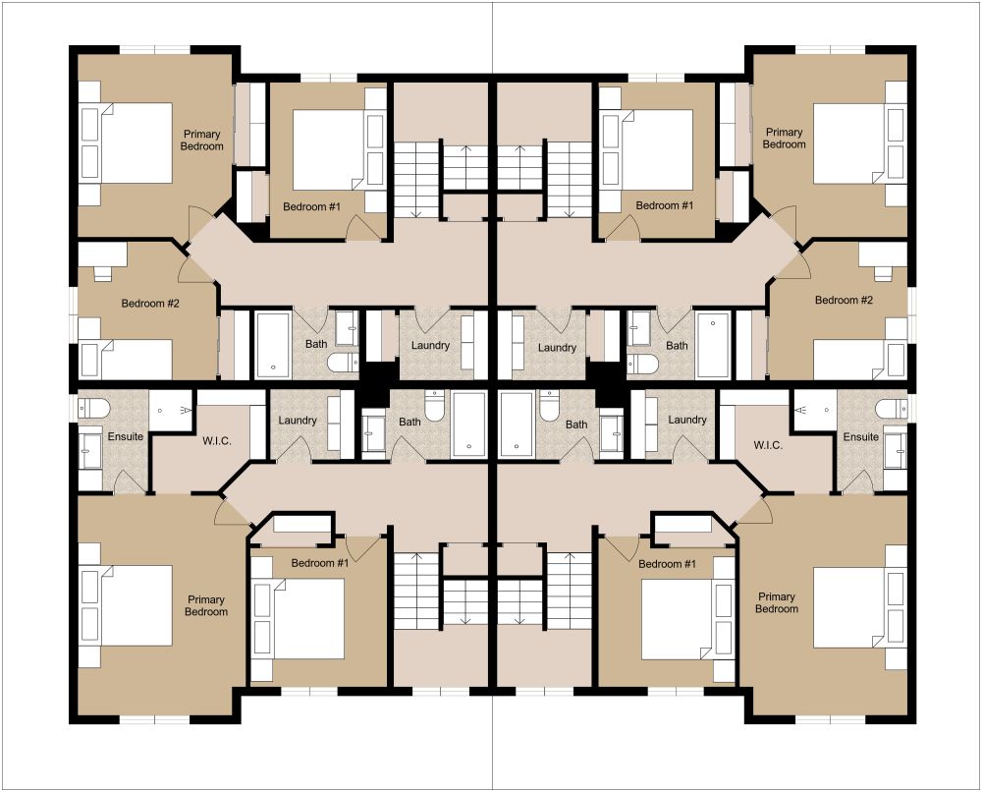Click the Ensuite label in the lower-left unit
click(x=126, y=436)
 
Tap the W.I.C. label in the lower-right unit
click(x=768, y=445)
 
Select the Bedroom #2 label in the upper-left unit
click(x=150, y=304)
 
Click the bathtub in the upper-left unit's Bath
click(x=272, y=345)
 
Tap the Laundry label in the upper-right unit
click(x=557, y=348)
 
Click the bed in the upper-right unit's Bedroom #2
click(x=859, y=359)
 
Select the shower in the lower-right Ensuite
click(x=814, y=410)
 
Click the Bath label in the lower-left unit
click(x=409, y=422)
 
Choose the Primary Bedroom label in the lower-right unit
click(x=777, y=602)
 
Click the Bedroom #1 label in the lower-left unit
click(x=319, y=563)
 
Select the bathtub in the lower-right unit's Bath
click(x=517, y=424)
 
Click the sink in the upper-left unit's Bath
click(x=347, y=327)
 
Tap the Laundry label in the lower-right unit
click(x=687, y=420)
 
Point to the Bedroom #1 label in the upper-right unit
click(x=665, y=205)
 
